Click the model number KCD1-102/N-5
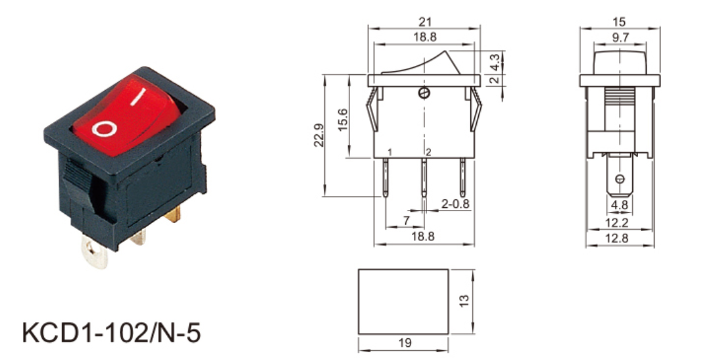pyautogui.click(x=112, y=332)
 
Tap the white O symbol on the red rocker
pyautogui.click(x=103, y=129)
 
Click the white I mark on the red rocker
pyautogui.click(x=137, y=97)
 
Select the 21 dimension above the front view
pyautogui.click(x=425, y=22)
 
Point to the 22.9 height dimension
pyautogui.click(x=319, y=135)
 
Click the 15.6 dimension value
pyautogui.click(x=343, y=120)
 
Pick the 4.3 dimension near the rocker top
pyautogui.click(x=494, y=62)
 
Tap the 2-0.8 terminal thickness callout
pyautogui.click(x=455, y=203)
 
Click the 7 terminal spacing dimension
pyautogui.click(x=406, y=220)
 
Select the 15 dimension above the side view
pyautogui.click(x=620, y=22)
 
